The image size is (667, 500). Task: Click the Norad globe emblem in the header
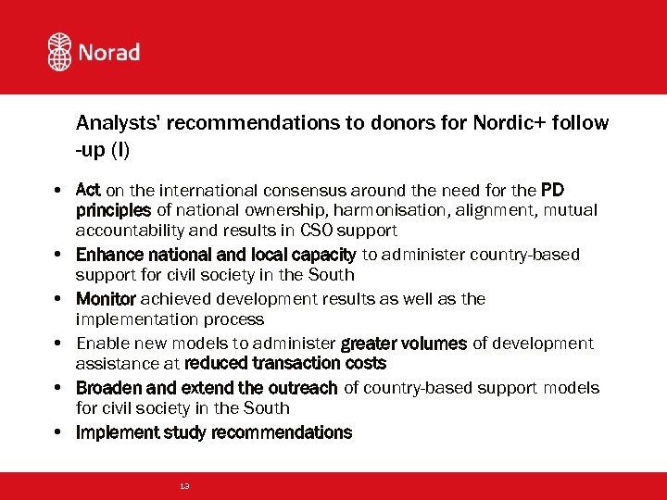pos(60,52)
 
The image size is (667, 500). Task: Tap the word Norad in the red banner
pos(108,52)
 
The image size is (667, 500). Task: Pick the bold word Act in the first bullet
pos(88,191)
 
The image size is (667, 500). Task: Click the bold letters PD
pos(552,191)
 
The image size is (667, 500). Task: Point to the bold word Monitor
pos(106,299)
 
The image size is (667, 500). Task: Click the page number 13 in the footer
pos(184,486)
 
